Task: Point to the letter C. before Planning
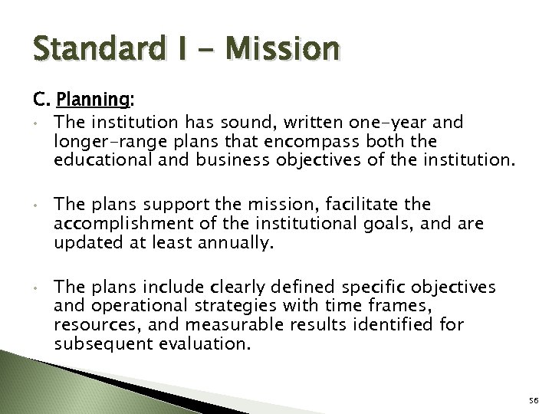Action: (x=40, y=99)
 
